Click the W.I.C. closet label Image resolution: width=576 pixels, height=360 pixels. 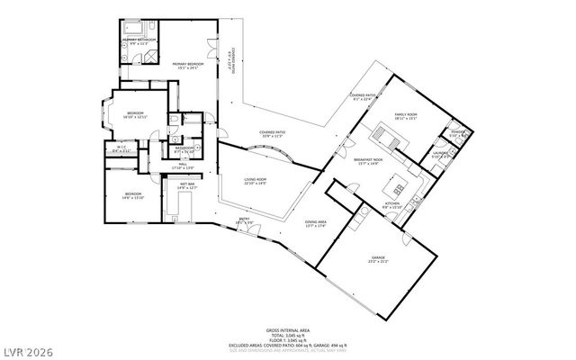coord(121,149)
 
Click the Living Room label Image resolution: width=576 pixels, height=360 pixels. coord(256,181)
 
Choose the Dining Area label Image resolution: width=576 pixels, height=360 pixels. coord(315,223)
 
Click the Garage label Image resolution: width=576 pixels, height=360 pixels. coord(377,260)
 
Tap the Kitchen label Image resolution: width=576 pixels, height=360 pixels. coord(392,205)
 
